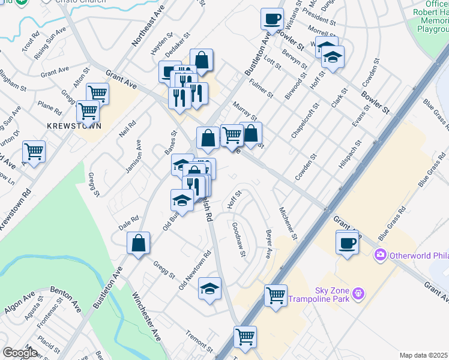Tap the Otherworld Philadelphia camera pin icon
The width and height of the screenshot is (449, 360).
coord(380,255)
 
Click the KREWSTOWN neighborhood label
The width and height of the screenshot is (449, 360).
coord(72,126)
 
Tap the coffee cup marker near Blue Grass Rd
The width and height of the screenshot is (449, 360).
coord(347,244)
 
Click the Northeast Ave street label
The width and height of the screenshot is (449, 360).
coord(140,29)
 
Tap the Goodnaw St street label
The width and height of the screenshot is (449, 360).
coord(238,239)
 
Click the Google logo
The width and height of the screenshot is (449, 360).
coord(19,353)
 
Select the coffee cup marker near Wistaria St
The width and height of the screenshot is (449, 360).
coord(272,19)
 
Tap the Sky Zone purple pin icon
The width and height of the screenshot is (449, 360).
coord(358,293)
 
